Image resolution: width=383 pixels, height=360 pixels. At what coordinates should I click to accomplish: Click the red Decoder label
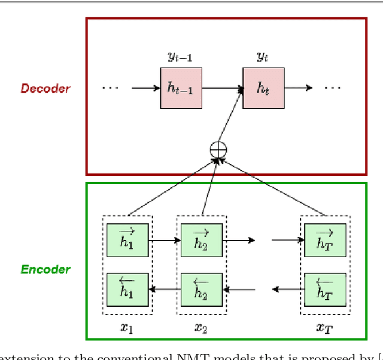45,89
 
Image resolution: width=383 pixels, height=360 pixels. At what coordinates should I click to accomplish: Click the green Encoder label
45,269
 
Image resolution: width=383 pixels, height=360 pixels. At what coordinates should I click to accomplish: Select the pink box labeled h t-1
181,88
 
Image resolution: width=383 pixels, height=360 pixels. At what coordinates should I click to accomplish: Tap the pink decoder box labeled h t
263,88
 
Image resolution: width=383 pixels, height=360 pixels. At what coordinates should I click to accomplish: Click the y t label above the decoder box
262,57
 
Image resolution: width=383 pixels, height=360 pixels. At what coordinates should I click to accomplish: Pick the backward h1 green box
127,289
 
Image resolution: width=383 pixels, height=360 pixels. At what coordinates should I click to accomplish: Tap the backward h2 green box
202,289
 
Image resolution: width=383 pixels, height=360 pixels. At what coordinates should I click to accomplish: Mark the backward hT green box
325,289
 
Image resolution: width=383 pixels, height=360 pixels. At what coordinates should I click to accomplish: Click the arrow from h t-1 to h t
222,89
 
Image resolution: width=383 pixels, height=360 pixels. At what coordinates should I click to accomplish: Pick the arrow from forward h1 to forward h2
164,241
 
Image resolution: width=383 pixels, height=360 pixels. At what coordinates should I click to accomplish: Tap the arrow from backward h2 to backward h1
164,290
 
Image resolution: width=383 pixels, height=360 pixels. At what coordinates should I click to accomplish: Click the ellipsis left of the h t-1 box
110,89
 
